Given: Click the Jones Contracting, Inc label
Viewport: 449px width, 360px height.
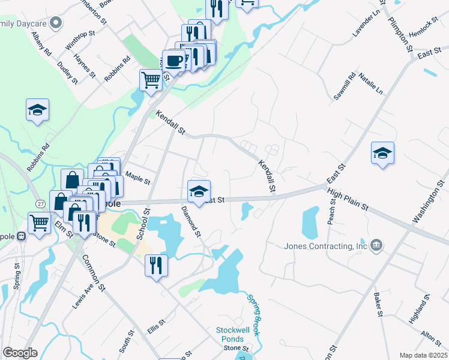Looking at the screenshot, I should point(325,246).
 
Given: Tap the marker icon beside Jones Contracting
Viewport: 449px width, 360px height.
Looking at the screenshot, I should point(376,245).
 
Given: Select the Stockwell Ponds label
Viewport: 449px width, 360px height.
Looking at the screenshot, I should point(231,335).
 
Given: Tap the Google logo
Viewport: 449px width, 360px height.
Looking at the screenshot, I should point(20,353).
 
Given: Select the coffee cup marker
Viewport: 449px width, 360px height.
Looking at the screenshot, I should point(174,61).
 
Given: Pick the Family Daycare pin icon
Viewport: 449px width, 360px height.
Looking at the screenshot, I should point(56,23).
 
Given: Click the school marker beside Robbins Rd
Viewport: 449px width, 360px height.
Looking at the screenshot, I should point(37,110).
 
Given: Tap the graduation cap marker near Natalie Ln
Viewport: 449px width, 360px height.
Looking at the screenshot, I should point(382,153).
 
